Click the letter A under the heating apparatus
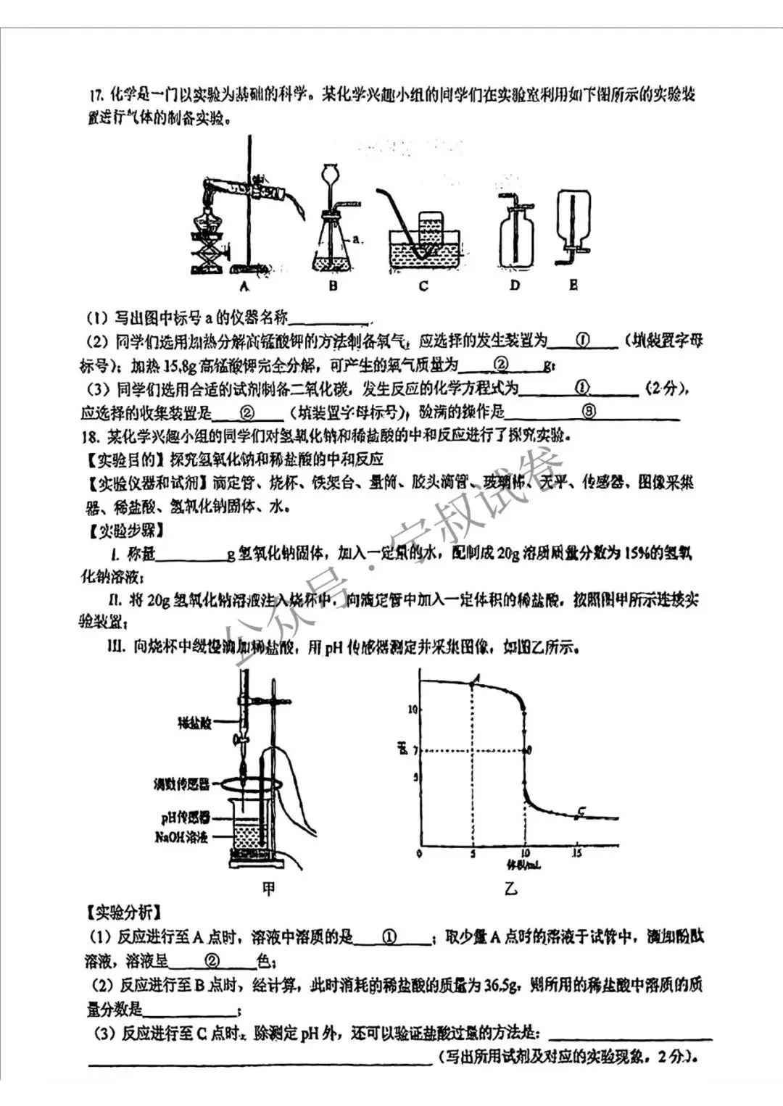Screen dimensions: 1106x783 244,286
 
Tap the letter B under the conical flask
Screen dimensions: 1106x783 333,286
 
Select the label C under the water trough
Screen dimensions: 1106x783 423,286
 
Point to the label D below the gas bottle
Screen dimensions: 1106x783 515,286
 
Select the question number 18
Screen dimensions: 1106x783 91,436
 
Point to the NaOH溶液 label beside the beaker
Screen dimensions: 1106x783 181,837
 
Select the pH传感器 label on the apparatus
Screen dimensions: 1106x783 185,818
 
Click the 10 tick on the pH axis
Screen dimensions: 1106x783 413,709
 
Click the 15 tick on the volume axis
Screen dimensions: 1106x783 577,853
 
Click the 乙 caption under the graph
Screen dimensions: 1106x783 511,888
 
